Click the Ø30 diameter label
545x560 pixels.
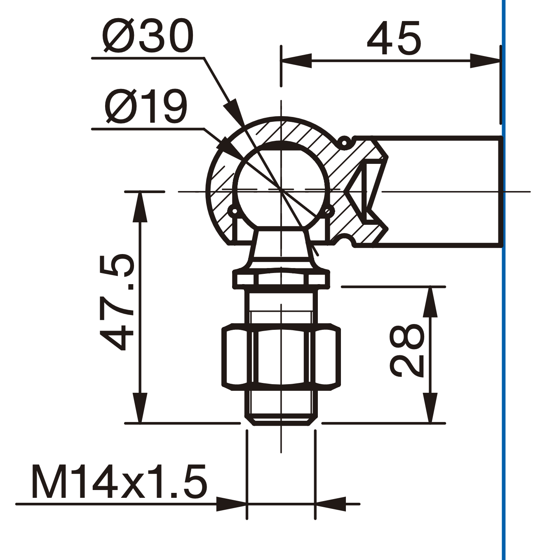coord(148,36)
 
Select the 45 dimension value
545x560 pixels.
coord(394,38)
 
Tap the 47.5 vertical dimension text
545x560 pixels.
coord(117,302)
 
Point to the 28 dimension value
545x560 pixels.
coord(407,350)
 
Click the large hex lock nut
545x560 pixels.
coord(281,357)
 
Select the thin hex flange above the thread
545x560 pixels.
coord(281,278)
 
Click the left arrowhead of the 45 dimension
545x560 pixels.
coord(296,61)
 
